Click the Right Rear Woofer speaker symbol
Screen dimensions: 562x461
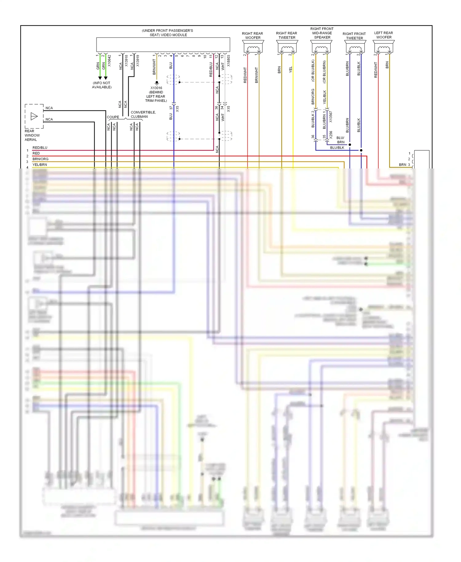[253, 48]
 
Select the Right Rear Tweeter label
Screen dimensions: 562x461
[286, 35]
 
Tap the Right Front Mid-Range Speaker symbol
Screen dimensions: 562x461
[321, 48]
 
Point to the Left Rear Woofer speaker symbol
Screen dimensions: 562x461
[384, 48]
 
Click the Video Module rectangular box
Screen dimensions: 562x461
[163, 45]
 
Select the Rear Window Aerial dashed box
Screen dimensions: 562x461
[34, 116]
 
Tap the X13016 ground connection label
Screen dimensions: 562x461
[156, 88]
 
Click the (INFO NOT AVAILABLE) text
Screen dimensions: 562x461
[102, 85]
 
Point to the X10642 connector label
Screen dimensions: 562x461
[109, 61]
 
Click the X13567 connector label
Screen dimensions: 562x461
[331, 117]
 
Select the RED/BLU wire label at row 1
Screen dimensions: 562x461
[40, 148]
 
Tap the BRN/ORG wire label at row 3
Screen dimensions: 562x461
[40, 159]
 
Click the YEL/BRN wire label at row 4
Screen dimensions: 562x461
[40, 165]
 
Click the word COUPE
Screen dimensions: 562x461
[113, 117]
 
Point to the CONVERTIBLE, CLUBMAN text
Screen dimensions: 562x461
[143, 114]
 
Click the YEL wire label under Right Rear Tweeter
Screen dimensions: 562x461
[291, 70]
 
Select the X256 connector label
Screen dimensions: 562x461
[331, 135]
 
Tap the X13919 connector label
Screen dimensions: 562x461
[138, 61]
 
